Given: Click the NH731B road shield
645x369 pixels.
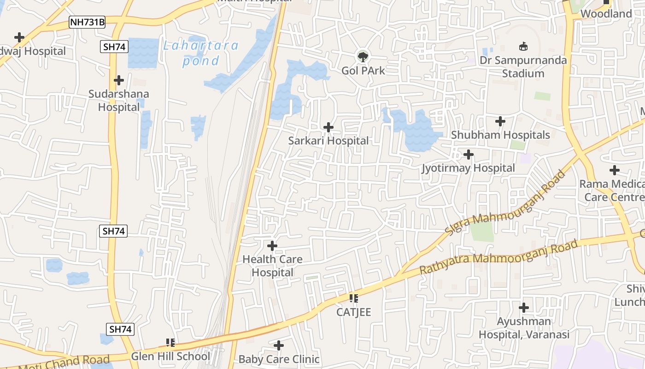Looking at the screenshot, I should (x=87, y=22).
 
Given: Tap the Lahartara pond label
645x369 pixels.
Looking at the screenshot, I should (x=201, y=53).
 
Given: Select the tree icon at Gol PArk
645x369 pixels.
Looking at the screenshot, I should (x=363, y=57).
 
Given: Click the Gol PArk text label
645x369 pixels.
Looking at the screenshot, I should (x=363, y=71).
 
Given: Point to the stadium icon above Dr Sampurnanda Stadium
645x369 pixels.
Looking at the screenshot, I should (x=523, y=46).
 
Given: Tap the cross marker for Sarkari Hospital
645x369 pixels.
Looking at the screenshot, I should (x=328, y=127).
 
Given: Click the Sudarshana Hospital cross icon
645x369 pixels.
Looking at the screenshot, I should (x=119, y=80).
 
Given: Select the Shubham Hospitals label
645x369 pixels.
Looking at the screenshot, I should (x=500, y=135).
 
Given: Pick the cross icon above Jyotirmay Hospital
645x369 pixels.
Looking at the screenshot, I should (x=469, y=154).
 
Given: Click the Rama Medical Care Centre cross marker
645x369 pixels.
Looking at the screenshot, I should (x=614, y=170).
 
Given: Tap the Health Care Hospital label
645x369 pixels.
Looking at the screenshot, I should (x=272, y=266).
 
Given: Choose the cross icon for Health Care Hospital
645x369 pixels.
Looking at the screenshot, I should (x=272, y=245).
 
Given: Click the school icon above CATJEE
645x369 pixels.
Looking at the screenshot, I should (x=354, y=298).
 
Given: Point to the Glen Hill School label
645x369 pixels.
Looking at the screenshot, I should (x=170, y=356).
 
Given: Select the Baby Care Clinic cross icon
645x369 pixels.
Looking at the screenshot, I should (x=279, y=345).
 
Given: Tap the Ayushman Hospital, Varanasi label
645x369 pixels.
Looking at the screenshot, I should (x=524, y=328).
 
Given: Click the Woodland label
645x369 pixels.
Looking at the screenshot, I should (x=606, y=14).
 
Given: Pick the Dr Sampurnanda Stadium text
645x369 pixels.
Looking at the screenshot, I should (x=523, y=67).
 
